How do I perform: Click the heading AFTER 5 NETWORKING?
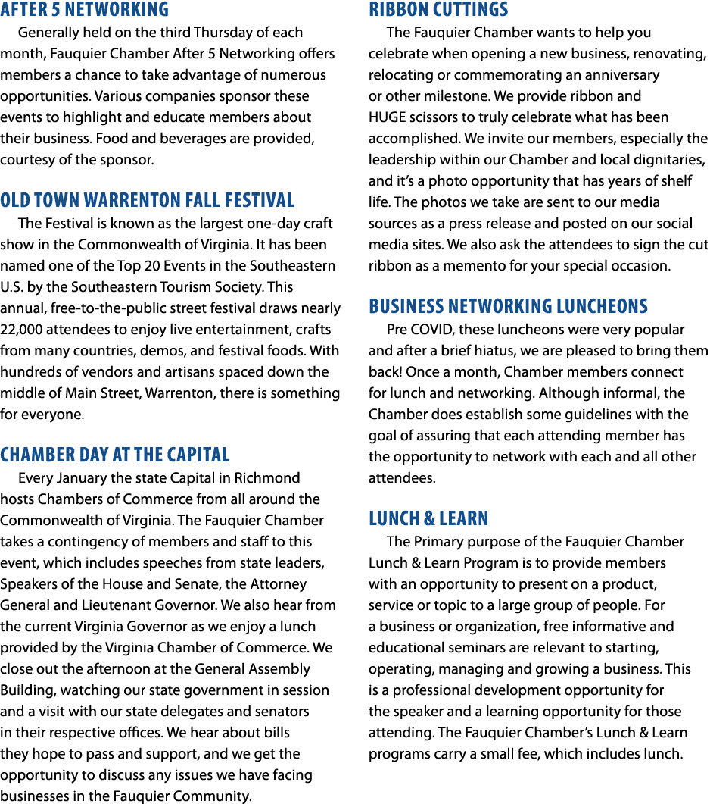click(x=85, y=9)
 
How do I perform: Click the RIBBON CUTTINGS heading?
click(x=438, y=9)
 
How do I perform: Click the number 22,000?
click(x=21, y=330)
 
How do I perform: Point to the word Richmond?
click(x=267, y=478)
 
